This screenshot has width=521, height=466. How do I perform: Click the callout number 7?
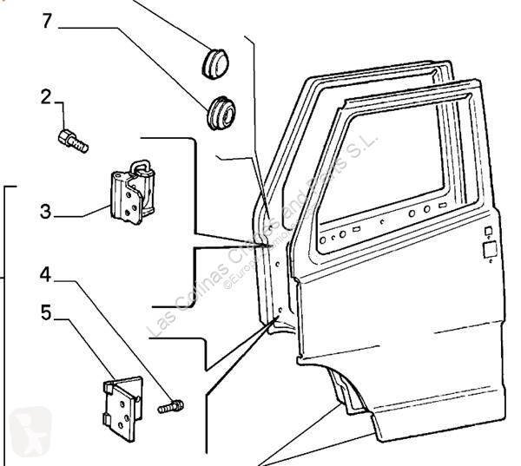click(47, 20)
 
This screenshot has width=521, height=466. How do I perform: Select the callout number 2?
click(46, 97)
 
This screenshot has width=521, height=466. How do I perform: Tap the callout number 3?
click(46, 211)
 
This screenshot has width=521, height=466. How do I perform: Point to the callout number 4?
click(44, 275)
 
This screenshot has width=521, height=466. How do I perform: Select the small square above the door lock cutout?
click(488, 231)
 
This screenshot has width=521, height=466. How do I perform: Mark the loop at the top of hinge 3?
click(139, 165)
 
